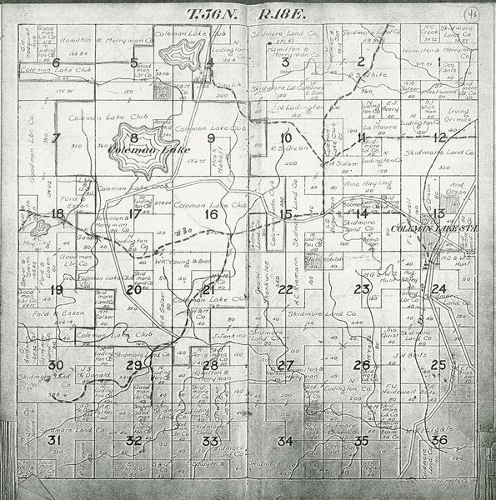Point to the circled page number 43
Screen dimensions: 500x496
tap(472, 13)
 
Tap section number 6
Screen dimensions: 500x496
tap(56, 62)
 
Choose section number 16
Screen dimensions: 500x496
tap(210, 215)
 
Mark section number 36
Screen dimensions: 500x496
tap(439, 440)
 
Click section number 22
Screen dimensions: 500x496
tap(285, 289)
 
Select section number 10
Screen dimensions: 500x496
tap(286, 137)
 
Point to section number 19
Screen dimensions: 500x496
tap(56, 290)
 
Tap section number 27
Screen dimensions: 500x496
tap(285, 365)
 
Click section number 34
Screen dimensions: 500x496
tap(285, 441)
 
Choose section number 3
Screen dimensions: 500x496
tap(285, 62)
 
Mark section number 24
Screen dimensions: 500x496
tap(438, 289)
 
